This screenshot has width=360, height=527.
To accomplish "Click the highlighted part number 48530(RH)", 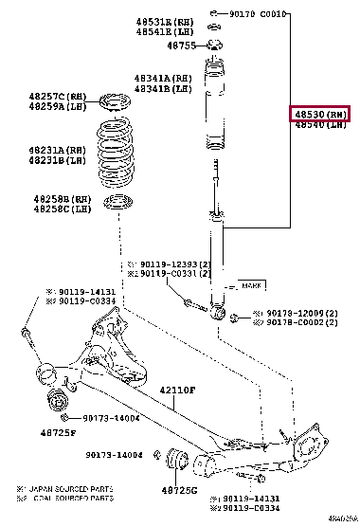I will pyautogui.click(x=320, y=114).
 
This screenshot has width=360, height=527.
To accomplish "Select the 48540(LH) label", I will pyautogui.click(x=320, y=125).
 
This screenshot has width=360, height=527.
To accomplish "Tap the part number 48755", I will pyautogui.click(x=181, y=45).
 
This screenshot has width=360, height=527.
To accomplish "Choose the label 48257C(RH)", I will pyautogui.click(x=59, y=98).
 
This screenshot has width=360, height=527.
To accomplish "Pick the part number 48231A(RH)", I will pyautogui.click(x=57, y=150).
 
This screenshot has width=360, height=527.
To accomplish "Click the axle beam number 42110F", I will pyautogui.click(x=176, y=390).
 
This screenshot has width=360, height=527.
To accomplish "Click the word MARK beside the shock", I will pyautogui.click(x=252, y=285).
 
